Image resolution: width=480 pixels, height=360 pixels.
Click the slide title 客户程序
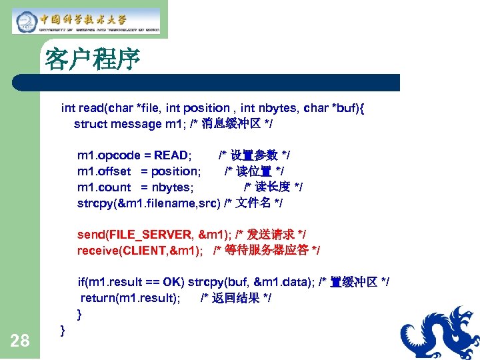92,59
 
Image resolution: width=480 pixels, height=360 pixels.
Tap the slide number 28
20,341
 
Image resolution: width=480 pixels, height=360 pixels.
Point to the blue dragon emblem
440,333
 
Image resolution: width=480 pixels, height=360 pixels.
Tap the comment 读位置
254,171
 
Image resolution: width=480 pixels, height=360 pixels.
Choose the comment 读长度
273,187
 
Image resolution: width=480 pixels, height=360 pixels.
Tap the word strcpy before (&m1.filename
95,203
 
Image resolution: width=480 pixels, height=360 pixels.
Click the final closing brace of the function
62,329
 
